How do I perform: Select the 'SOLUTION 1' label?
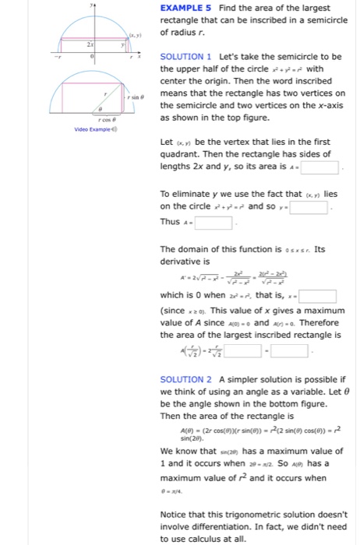coord(186,58)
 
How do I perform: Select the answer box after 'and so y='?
coord(318,208)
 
